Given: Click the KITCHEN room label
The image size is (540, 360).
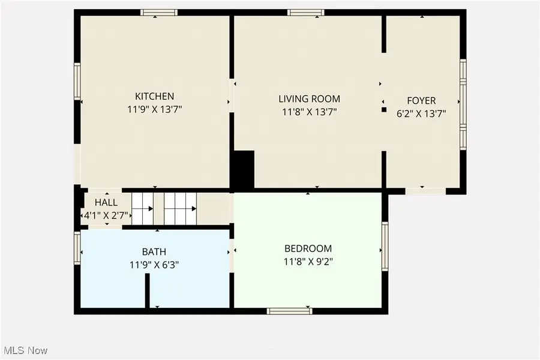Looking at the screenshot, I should pyautogui.click(x=154, y=96).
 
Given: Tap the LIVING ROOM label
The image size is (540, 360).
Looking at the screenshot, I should pyautogui.click(x=309, y=99).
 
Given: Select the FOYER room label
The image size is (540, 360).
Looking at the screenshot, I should pyautogui.click(x=421, y=101).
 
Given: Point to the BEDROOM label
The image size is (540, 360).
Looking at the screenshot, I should pyautogui.click(x=308, y=248).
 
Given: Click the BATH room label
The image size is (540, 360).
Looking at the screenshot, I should pyautogui.click(x=154, y=252).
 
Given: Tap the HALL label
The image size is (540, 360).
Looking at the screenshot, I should pyautogui.click(x=106, y=203).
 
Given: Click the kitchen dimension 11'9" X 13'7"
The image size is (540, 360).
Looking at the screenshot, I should pyautogui.click(x=154, y=109).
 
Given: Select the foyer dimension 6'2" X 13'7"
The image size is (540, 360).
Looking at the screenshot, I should pyautogui.click(x=421, y=112).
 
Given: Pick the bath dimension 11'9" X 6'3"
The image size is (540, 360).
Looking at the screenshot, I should pyautogui.click(x=154, y=264).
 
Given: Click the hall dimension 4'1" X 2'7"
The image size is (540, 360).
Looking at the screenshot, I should pyautogui.click(x=106, y=215).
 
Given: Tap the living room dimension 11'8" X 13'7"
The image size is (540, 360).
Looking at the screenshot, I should pyautogui.click(x=309, y=112).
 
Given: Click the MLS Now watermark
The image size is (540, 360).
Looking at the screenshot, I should pyautogui.click(x=26, y=350).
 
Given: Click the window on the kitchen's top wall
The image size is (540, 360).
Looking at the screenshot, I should pyautogui.click(x=159, y=12).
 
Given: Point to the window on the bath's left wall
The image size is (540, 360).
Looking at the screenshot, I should pyautogui.click(x=77, y=248).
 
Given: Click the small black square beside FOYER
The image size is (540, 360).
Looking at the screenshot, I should pyautogui.click(x=384, y=110).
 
